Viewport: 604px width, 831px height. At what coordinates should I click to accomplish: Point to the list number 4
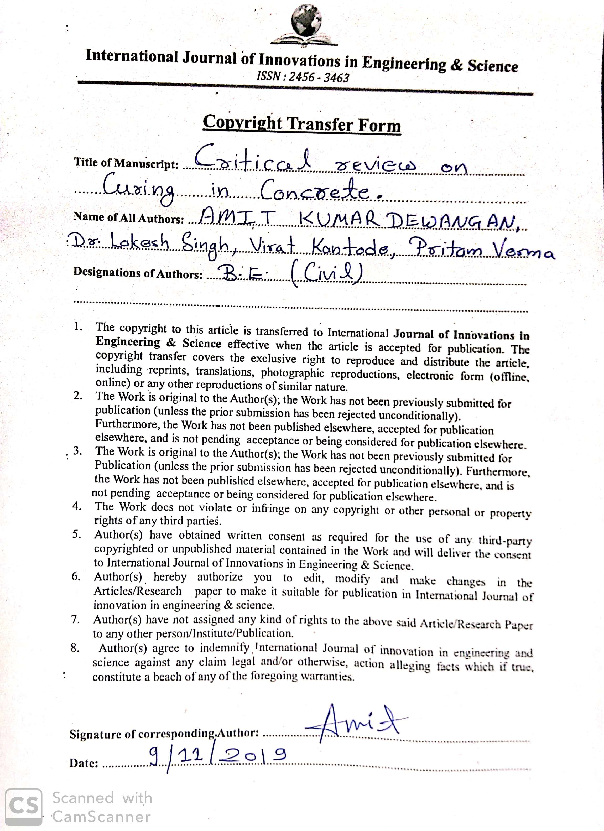(77, 506)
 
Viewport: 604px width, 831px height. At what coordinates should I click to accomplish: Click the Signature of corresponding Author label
(164, 733)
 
